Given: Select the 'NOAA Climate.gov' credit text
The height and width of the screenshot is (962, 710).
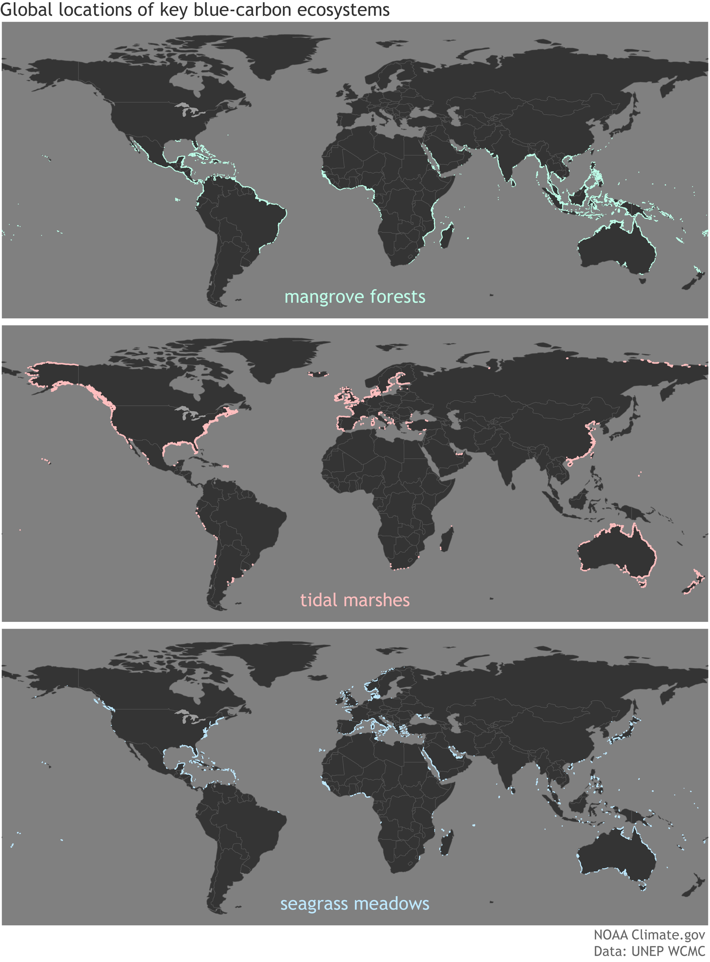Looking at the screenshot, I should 649,935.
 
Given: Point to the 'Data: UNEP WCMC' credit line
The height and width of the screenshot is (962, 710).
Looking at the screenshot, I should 649,951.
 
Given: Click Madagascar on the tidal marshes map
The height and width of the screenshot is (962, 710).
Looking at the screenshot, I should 447,539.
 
